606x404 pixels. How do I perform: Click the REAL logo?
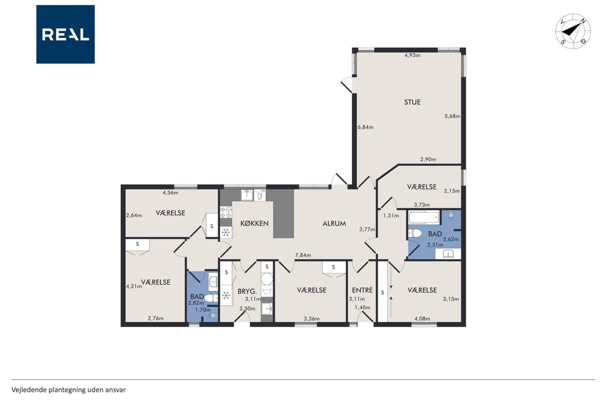point(65,35)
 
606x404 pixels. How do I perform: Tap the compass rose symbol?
point(573,31)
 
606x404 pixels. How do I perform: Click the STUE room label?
point(412,102)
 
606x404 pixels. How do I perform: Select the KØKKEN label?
point(255,223)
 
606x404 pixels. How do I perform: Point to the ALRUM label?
point(334,224)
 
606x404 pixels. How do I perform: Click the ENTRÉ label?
point(362,290)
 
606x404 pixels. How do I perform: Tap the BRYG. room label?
point(247,291)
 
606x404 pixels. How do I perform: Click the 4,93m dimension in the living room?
point(412,55)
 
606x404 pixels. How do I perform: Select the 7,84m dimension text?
point(303,255)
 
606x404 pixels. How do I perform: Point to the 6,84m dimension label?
point(365,127)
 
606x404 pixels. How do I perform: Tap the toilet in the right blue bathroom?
point(415,233)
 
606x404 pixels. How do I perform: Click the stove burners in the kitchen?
point(226,212)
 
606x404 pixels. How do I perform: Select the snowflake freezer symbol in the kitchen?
point(226,232)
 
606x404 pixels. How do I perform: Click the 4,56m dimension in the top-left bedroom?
point(170,193)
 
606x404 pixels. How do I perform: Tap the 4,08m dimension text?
point(422,318)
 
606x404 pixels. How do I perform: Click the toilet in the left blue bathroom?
point(211,298)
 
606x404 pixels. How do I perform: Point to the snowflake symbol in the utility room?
point(226,295)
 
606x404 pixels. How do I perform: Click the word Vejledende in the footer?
point(29,390)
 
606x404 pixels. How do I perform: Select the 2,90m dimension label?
point(428,160)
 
